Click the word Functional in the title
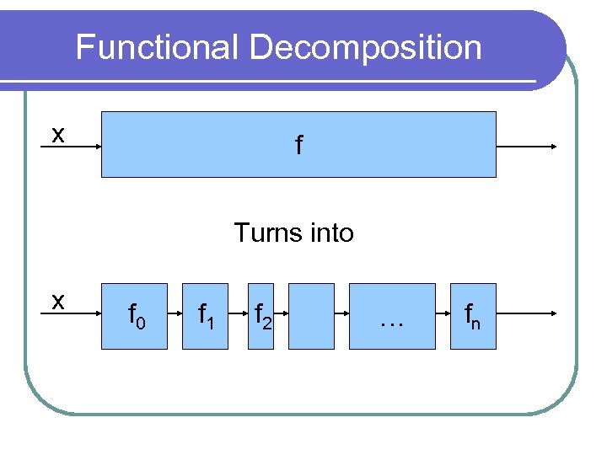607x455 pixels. pyautogui.click(x=158, y=47)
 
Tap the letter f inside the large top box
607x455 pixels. pyautogui.click(x=298, y=145)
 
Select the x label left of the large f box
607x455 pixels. pyautogui.click(x=56, y=135)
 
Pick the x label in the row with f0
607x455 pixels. pyautogui.click(x=56, y=302)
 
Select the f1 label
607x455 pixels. pyautogui.click(x=206, y=317)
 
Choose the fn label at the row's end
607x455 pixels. pyautogui.click(x=473, y=317)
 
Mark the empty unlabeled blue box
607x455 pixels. pyautogui.click(x=312, y=316)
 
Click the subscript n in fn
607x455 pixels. pyautogui.click(x=477, y=324)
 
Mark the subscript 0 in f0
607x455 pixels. pyautogui.click(x=142, y=324)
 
